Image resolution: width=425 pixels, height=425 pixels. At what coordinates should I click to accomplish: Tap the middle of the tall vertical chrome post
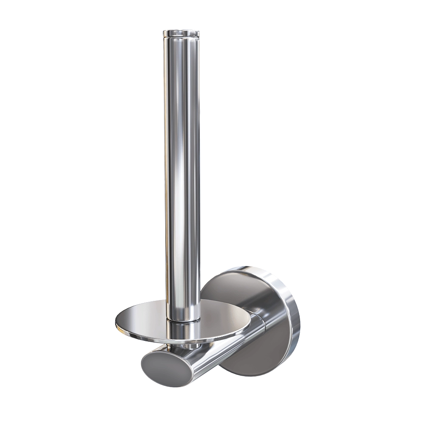click(181, 170)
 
